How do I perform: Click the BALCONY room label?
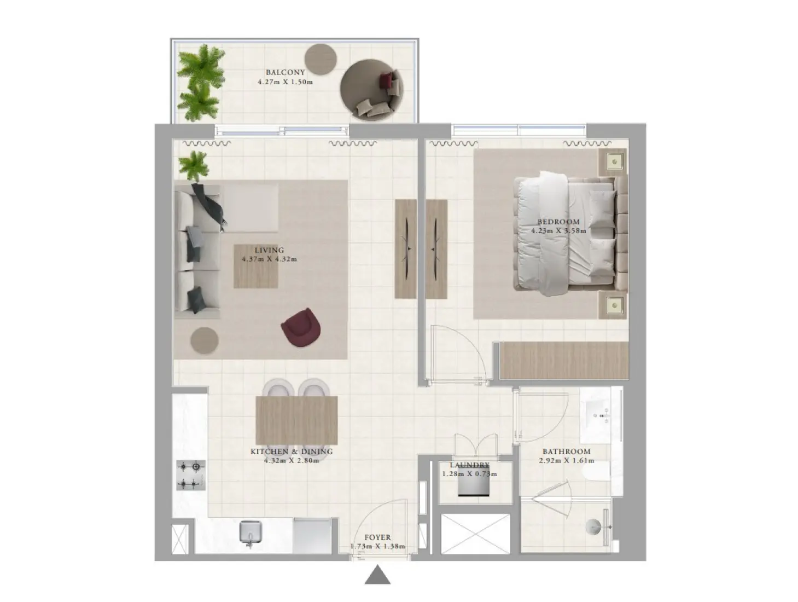click(285, 72)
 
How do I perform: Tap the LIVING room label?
click(269, 250)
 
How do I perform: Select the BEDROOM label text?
click(558, 222)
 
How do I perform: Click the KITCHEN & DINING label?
click(291, 452)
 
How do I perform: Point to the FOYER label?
click(377, 538)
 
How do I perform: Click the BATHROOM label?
click(566, 452)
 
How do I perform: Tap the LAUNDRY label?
click(469, 465)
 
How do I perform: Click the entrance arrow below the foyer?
click(377, 575)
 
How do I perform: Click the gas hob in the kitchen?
click(191, 474)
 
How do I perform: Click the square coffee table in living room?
click(255, 266)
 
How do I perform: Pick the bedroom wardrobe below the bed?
click(563, 360)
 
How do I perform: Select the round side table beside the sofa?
click(205, 340)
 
